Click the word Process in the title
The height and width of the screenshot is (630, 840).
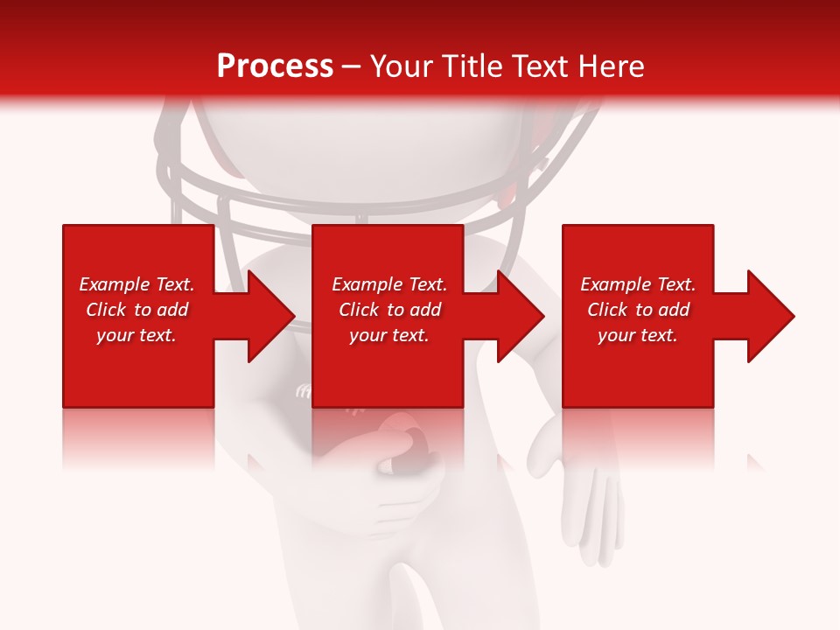[x=275, y=66]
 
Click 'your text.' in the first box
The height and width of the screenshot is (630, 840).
[x=136, y=335]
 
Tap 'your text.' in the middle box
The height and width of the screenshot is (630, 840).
[x=389, y=335]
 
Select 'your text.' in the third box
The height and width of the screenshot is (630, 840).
[x=638, y=335]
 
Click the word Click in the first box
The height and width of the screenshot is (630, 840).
[x=106, y=310]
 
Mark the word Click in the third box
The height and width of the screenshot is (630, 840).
[x=607, y=310]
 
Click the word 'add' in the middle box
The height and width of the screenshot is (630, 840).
[x=424, y=310]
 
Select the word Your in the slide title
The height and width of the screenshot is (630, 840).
[x=400, y=66]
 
